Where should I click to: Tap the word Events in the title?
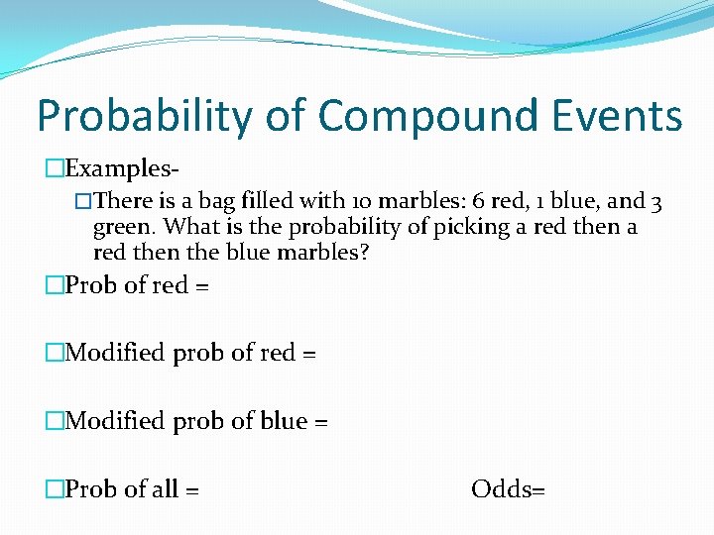click(x=615, y=116)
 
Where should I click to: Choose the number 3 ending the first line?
click(x=656, y=201)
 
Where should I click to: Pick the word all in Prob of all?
click(x=165, y=488)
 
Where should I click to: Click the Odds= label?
click(x=508, y=488)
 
